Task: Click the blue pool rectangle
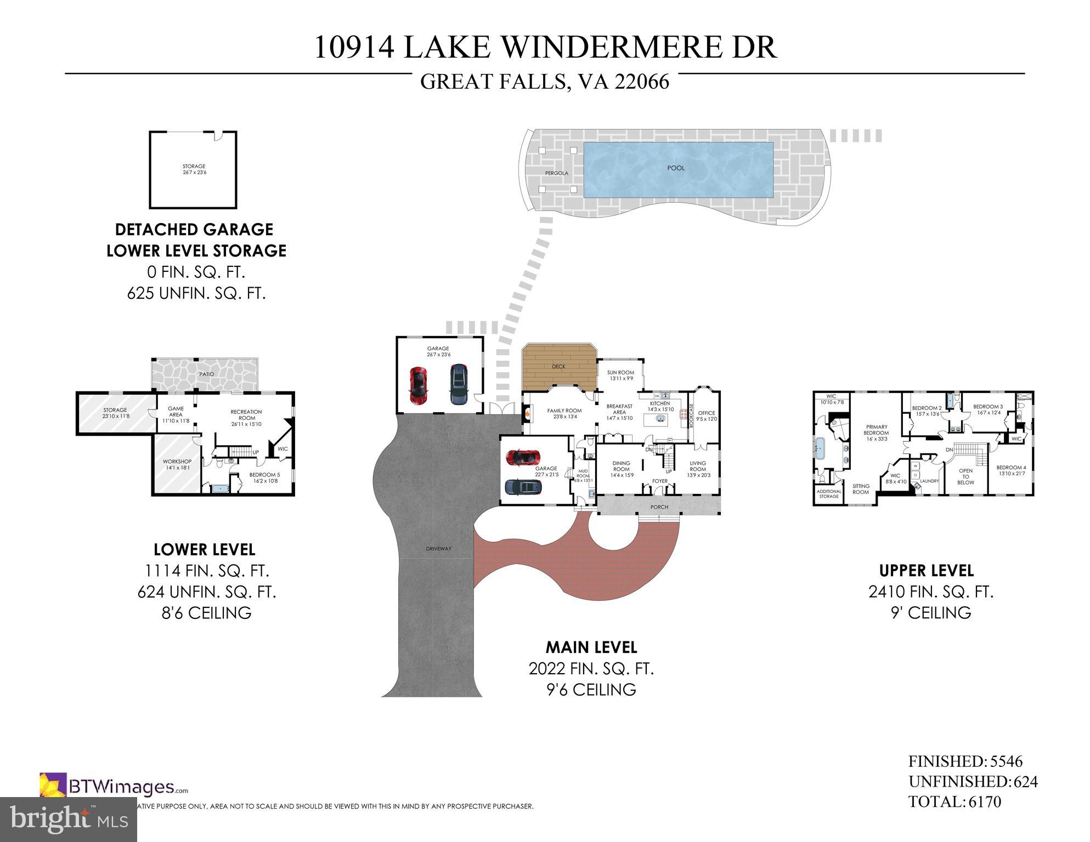coord(678,170)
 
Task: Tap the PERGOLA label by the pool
coord(556,173)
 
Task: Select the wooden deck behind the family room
coord(558,366)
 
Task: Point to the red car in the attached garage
coord(523,458)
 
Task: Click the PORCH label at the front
coord(659,507)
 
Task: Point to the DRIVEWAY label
coord(438,549)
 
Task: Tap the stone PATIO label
coord(206,374)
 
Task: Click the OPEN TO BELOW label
coord(965,476)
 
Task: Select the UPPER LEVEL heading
coord(926,571)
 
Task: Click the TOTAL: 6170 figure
coord(955,801)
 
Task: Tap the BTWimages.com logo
coord(114,787)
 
